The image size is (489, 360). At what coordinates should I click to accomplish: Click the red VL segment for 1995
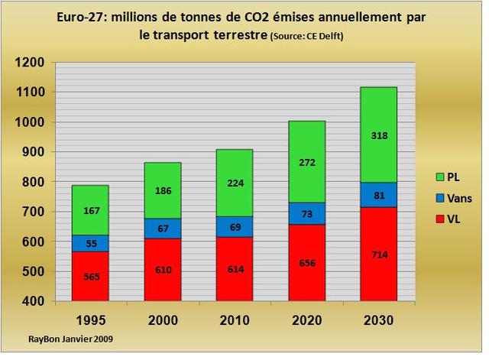point(90,275)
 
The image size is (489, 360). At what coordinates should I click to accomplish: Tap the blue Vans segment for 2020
point(285,213)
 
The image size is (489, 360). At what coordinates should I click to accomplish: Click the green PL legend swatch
point(419,177)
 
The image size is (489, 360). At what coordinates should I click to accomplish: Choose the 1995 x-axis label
point(90,319)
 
